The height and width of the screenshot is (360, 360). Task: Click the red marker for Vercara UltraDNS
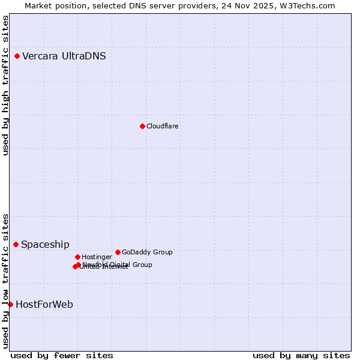(x=17, y=56)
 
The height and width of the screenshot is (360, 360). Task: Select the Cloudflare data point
(x=142, y=126)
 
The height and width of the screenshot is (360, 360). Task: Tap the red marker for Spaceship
(x=16, y=244)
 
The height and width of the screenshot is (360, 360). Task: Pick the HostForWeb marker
(x=10, y=304)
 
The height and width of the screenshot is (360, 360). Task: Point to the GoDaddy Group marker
(x=118, y=252)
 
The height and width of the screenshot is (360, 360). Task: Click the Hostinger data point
(x=77, y=257)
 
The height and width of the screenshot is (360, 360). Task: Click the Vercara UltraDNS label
(x=64, y=56)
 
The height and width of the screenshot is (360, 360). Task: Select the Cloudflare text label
(x=163, y=126)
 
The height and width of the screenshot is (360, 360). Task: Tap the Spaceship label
(x=45, y=245)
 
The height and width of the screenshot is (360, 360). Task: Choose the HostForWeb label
(x=44, y=305)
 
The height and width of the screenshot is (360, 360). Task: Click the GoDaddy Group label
(x=147, y=253)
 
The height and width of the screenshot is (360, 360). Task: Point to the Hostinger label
(x=97, y=257)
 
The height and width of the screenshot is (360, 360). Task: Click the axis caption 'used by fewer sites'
(x=62, y=356)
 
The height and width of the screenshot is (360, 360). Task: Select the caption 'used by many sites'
(x=301, y=356)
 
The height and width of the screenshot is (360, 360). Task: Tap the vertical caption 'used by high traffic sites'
(x=5, y=86)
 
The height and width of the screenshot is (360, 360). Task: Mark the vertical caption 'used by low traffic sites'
(x=5, y=281)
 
